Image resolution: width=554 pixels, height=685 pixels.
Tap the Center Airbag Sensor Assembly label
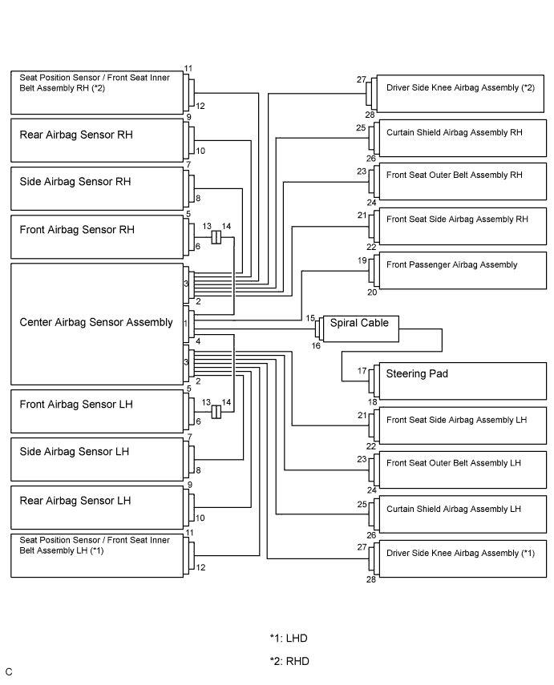(96, 322)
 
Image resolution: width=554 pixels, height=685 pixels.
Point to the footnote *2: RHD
(289, 661)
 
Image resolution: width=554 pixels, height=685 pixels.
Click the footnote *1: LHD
(289, 639)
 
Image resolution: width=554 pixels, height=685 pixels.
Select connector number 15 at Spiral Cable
(310, 318)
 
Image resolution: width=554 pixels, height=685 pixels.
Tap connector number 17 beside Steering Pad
(362, 371)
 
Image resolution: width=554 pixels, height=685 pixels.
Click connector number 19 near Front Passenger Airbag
(362, 260)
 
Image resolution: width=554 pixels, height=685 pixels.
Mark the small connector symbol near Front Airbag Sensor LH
(216, 412)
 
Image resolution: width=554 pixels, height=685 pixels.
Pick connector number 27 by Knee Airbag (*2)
(361, 79)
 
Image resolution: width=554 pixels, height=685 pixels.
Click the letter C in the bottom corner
(9, 672)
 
